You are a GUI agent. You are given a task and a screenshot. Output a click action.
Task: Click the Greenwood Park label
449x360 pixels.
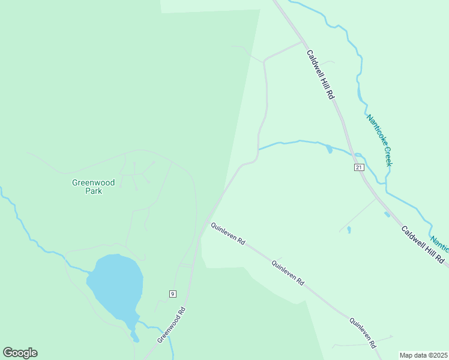(93, 187)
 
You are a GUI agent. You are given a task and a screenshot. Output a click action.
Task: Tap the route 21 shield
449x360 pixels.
(359, 167)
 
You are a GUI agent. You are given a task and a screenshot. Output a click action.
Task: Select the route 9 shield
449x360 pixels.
(172, 293)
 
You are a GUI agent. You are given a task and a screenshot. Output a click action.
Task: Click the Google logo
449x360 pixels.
(20, 353)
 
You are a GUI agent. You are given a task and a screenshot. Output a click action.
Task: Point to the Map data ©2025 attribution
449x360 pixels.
(423, 355)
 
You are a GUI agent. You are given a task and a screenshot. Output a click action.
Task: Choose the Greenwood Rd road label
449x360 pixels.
(172, 325)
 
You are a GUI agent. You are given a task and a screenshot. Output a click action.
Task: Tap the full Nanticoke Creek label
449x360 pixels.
(379, 140)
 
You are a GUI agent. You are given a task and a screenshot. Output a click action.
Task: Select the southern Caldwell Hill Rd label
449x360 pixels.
(423, 245)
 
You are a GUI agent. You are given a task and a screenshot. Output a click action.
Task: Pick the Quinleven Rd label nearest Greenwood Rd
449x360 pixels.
(227, 233)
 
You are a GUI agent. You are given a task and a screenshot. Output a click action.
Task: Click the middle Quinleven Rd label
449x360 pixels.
(289, 272)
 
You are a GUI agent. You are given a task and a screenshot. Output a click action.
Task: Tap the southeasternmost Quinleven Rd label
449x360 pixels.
(364, 332)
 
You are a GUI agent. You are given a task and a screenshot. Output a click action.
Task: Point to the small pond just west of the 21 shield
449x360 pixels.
(328, 148)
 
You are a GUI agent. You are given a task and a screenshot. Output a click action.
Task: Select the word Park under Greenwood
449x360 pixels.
(93, 191)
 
